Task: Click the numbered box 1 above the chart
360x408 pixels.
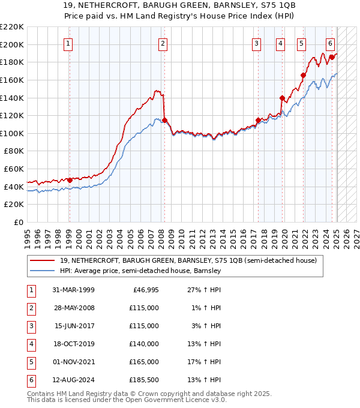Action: pyautogui.click(x=69, y=43)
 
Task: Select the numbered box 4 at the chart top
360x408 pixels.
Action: pyautogui.click(x=280, y=43)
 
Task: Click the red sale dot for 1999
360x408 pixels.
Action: pyautogui.click(x=70, y=180)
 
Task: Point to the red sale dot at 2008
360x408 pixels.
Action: pyautogui.click(x=164, y=120)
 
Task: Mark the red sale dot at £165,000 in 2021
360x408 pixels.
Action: pyautogui.click(x=303, y=76)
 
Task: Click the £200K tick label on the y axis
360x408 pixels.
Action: pyautogui.click(x=12, y=44)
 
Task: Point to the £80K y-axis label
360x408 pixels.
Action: pyautogui.click(x=14, y=151)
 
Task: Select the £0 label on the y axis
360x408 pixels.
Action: pyautogui.click(x=19, y=223)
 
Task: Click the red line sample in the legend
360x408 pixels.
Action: pyautogui.click(x=43, y=260)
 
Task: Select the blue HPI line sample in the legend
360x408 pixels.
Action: pyautogui.click(x=43, y=271)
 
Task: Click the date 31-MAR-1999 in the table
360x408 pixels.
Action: pyautogui.click(x=73, y=290)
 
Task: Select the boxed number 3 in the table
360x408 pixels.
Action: pyautogui.click(x=30, y=326)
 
